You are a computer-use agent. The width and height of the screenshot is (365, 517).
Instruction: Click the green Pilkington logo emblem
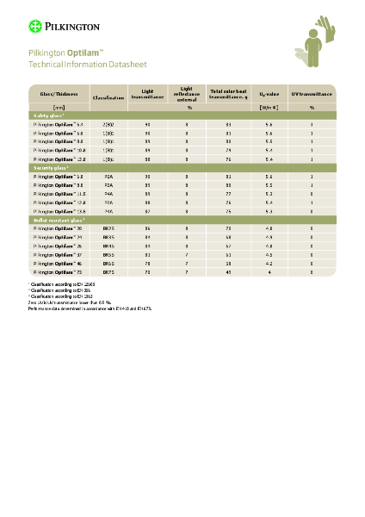(x=34, y=26)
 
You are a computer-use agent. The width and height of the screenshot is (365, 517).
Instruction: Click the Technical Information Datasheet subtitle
(x=76, y=65)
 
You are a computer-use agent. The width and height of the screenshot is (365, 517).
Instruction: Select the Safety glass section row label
(x=49, y=115)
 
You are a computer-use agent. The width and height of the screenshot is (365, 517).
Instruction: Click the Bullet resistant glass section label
(x=60, y=220)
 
